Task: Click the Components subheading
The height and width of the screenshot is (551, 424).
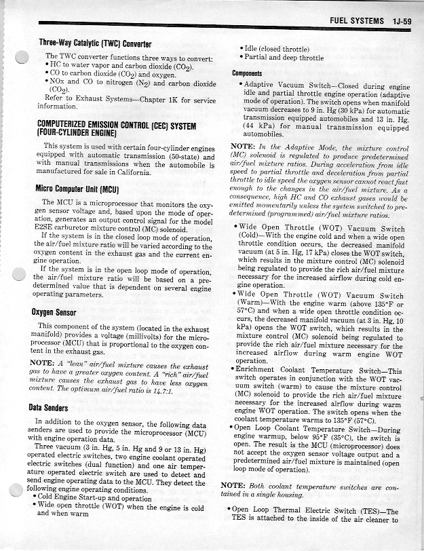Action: point(248,73)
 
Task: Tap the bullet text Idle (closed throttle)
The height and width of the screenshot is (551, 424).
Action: point(278,49)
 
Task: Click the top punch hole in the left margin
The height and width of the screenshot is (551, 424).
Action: point(20,59)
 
